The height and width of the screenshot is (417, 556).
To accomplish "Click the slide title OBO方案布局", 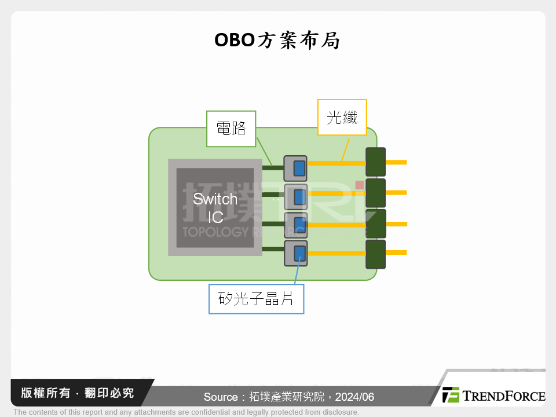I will (x=277, y=41).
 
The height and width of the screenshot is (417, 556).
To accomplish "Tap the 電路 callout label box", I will (x=231, y=128).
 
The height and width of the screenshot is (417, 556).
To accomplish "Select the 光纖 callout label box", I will (x=342, y=118).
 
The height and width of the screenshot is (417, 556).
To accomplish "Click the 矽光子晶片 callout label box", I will (x=256, y=299).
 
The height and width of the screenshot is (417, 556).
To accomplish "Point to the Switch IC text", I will (x=215, y=208).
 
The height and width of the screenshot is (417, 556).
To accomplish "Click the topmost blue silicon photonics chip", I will (x=299, y=168).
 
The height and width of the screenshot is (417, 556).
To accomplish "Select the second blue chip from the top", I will (x=299, y=197).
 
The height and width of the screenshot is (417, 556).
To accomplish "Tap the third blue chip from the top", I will (x=299, y=224).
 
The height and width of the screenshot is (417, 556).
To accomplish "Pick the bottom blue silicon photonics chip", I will (x=299, y=253).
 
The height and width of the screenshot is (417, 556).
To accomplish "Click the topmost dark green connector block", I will (x=375, y=162).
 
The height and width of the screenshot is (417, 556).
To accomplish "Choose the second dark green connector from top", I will (x=375, y=193).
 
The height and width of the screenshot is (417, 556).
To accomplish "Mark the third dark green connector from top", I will (x=375, y=224).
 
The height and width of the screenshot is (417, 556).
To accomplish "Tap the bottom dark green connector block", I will (x=375, y=254).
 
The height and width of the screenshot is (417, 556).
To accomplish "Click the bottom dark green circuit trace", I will (x=272, y=250).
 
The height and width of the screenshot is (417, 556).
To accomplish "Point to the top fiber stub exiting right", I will (x=396, y=162).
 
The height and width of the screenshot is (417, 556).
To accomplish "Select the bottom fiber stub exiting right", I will (x=396, y=252).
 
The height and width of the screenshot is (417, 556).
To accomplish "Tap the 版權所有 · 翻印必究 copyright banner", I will (x=77, y=393).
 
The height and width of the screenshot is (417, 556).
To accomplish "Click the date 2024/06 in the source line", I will (x=355, y=397).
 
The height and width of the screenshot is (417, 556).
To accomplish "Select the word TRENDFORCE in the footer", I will (x=503, y=396).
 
